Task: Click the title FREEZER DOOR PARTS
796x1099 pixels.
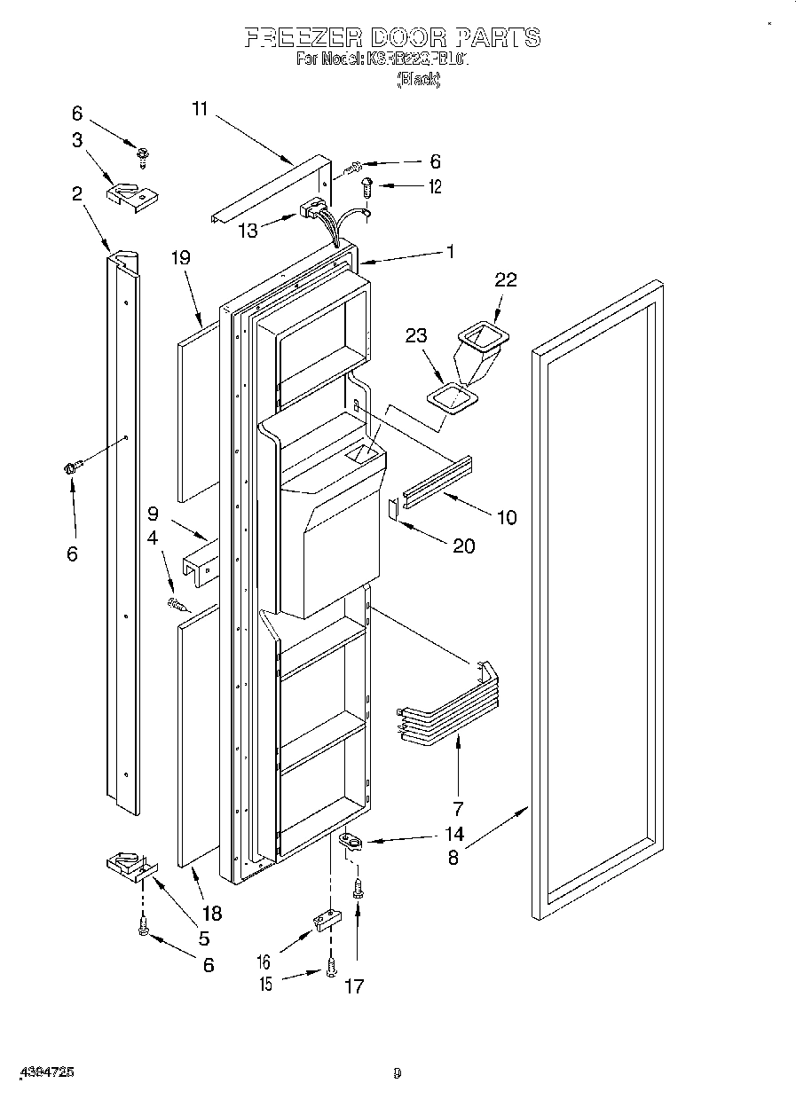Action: pyautogui.click(x=391, y=37)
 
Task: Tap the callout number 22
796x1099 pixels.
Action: pyautogui.click(x=506, y=279)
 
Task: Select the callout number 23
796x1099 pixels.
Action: pyautogui.click(x=416, y=336)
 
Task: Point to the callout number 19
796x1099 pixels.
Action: pyautogui.click(x=181, y=259)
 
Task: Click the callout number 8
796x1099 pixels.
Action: pyautogui.click(x=453, y=859)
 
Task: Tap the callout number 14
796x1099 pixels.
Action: pyautogui.click(x=454, y=834)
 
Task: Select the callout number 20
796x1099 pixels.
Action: pyautogui.click(x=463, y=546)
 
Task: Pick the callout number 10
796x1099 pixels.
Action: pyautogui.click(x=506, y=518)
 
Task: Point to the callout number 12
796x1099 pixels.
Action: pyautogui.click(x=435, y=187)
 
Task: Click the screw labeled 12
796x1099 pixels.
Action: pyautogui.click(x=366, y=187)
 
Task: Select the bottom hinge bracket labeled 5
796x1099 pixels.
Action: pyautogui.click(x=128, y=865)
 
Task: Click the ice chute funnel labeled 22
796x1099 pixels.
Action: pyautogui.click(x=479, y=348)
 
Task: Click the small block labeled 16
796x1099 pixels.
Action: pyautogui.click(x=326, y=920)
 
